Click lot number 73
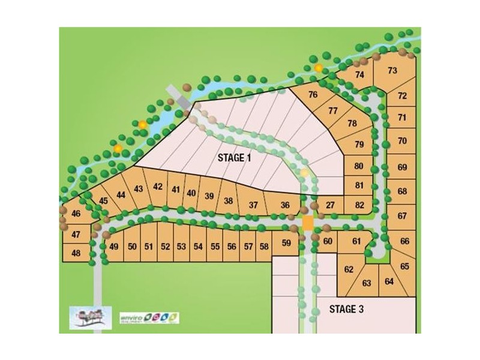point(392,71)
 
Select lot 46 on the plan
point(76,214)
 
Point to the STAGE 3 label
point(347,310)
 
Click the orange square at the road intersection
point(307,223)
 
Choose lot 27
point(330,205)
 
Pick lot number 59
point(286,244)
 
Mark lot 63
point(367,283)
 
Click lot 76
point(313,95)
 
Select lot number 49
point(114,246)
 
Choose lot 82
point(359,205)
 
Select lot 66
point(404,241)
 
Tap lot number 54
point(198,246)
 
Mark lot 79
point(359,145)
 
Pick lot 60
point(328,242)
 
